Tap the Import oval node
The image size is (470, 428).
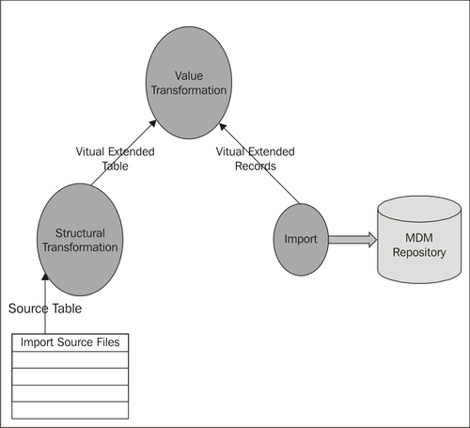300,239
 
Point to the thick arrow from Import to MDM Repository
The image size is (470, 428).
350,239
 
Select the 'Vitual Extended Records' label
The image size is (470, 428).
255,157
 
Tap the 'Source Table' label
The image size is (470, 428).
44,309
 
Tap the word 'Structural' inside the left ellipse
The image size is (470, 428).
81,231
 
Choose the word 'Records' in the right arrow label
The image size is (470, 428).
255,165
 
